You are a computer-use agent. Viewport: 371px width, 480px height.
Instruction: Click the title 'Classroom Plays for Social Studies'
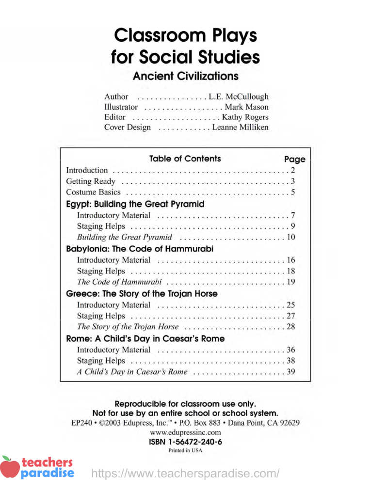185,47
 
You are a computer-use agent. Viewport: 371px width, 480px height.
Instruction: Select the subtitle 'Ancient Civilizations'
185,77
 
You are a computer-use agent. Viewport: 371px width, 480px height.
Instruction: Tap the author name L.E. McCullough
238,97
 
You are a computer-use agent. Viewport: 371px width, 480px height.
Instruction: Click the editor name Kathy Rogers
245,117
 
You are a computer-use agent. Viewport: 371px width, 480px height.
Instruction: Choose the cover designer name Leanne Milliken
240,128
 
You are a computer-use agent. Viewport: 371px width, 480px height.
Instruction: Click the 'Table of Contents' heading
185,159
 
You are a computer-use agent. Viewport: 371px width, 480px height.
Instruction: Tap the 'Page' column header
294,159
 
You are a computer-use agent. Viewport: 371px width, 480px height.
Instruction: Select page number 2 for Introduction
293,170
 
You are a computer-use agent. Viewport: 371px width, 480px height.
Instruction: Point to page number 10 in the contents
291,238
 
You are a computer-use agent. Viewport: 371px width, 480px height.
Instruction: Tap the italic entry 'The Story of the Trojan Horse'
128,327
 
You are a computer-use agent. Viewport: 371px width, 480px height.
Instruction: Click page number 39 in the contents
291,372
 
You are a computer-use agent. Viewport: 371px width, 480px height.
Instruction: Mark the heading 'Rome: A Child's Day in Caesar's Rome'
145,338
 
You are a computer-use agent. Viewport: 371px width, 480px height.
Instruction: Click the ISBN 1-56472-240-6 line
185,442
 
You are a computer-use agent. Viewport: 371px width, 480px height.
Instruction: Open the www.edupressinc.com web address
185,432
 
